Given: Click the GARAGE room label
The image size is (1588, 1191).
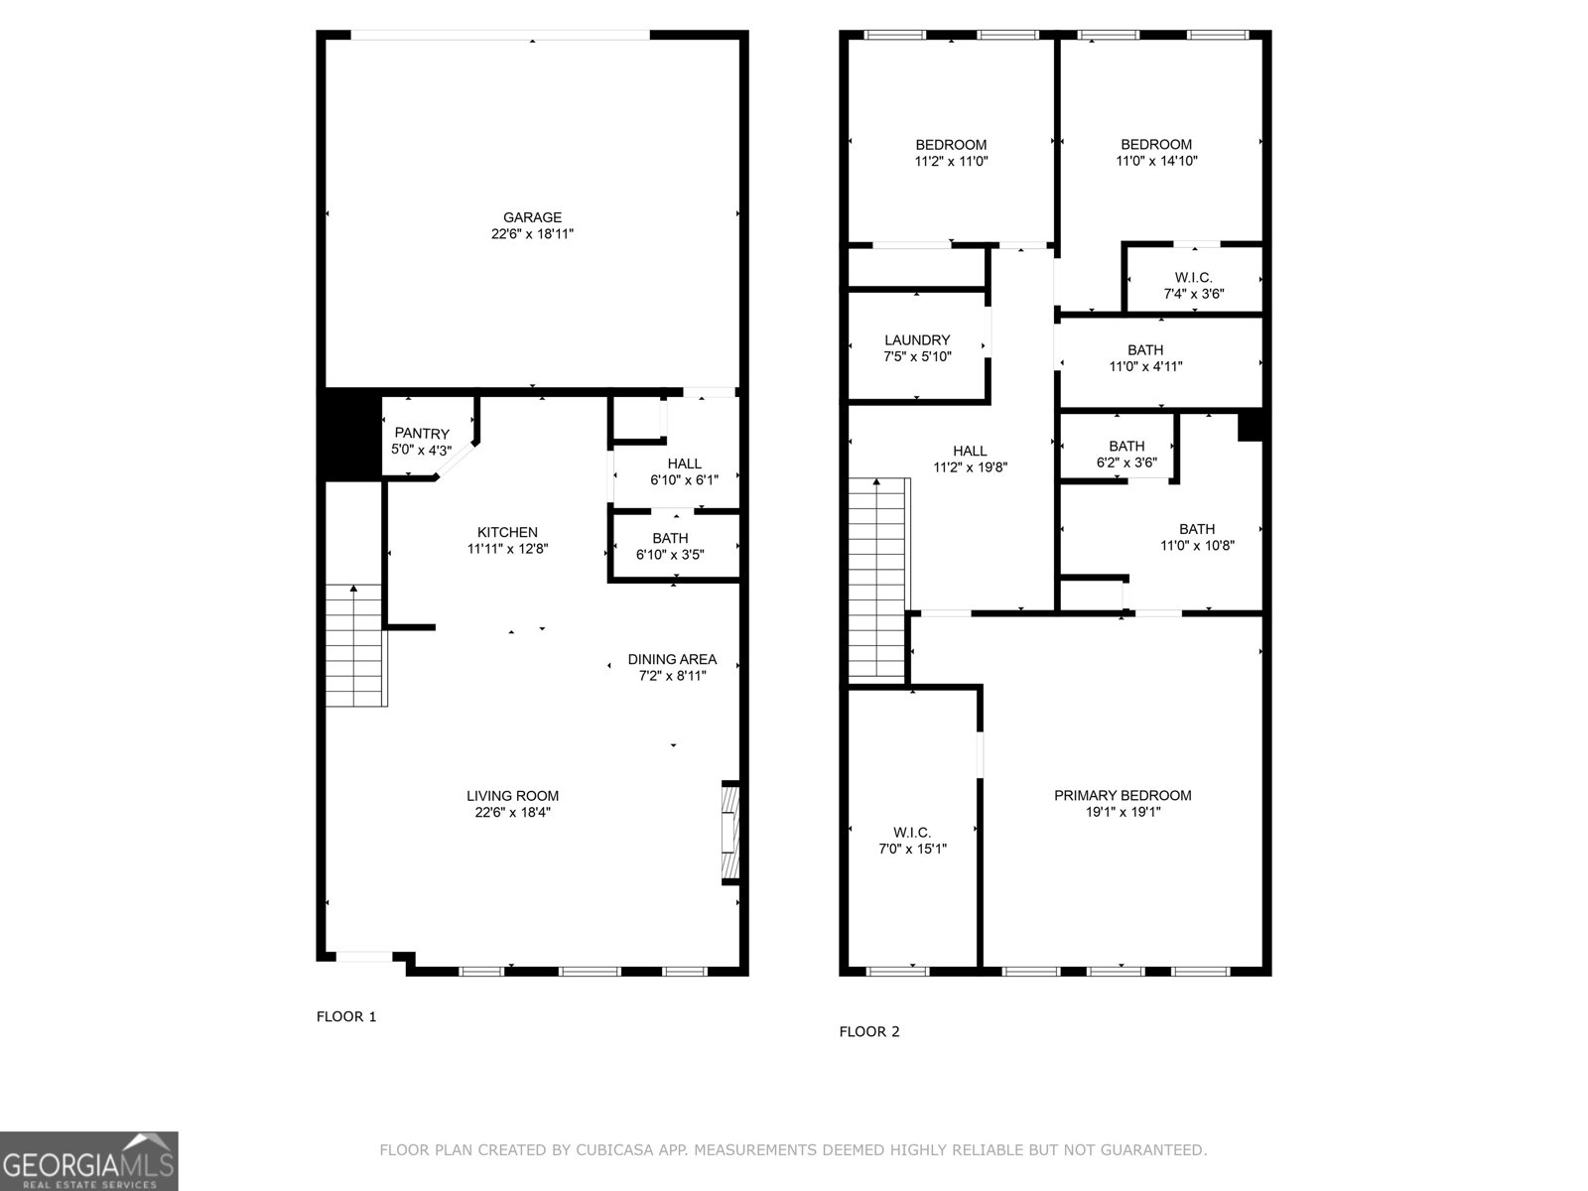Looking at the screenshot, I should [532, 218].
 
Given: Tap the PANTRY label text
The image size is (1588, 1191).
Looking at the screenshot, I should [422, 434].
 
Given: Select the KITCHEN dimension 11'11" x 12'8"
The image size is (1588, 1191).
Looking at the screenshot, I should [507, 549].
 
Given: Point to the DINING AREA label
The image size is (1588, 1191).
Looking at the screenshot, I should [672, 660].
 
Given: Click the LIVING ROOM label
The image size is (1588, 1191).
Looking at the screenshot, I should [512, 796].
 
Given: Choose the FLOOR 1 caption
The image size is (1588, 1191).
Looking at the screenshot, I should [346, 1016].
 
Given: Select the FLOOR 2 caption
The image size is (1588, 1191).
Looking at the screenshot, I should [869, 1031].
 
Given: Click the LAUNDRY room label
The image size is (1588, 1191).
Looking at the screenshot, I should [917, 340].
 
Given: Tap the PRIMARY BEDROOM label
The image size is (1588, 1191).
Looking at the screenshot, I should [1123, 796].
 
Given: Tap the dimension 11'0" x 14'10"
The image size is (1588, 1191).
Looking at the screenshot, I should [1156, 161].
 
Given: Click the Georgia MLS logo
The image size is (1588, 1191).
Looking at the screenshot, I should [89, 1161].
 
